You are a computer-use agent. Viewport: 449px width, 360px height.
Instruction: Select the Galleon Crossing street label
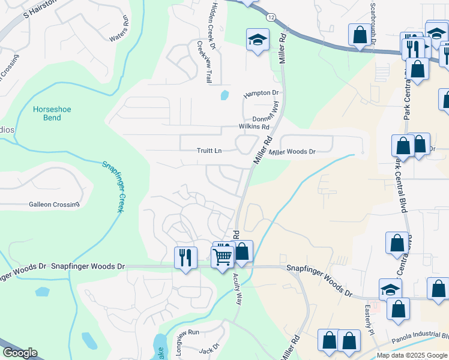coord(54,205)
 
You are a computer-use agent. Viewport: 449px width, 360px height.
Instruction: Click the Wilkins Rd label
coord(254,127)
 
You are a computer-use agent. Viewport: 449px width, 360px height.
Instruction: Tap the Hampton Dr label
coord(261,93)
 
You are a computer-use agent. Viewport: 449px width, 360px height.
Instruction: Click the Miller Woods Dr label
coord(292,152)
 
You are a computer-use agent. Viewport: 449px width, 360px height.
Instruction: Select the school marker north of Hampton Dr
coord(258,40)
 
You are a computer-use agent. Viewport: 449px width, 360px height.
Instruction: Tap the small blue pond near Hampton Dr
coord(224,95)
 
